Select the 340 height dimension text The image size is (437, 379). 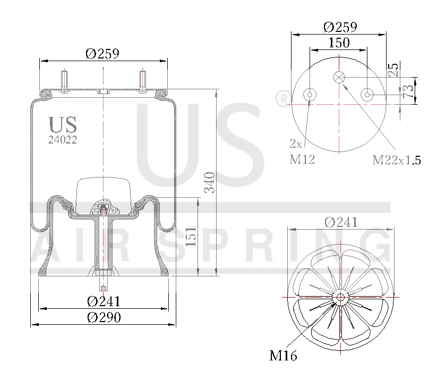(210, 182)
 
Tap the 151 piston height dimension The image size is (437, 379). (191, 237)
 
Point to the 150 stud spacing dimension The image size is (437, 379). (339, 43)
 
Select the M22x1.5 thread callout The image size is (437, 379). (396, 159)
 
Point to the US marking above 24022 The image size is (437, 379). (63, 125)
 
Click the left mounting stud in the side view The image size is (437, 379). (65, 81)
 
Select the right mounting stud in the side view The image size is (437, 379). (143, 81)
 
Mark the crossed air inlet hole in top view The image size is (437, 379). (339, 78)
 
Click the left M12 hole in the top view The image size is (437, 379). (310, 95)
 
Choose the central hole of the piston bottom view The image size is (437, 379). (339, 297)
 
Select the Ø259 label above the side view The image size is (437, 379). (102, 53)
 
